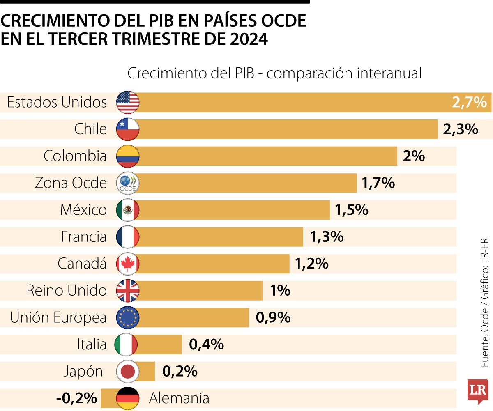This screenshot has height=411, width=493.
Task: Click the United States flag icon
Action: coord(128,102)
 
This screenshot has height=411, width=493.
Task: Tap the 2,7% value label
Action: coord(469,102)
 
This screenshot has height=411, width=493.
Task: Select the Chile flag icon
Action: coord(128,129)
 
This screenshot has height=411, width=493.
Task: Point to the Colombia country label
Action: coord(75,156)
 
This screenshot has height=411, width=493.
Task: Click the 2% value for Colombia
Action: coord(414,156)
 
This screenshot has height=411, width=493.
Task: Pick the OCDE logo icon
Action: coord(128,183)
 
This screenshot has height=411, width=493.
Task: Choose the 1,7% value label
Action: coord(378,183)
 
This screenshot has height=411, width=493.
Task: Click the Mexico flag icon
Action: coord(128,210)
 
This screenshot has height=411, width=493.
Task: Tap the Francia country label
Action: coord(84,237)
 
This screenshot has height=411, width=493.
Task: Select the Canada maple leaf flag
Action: coord(128,264)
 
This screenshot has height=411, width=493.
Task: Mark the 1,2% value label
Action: coord(311,264)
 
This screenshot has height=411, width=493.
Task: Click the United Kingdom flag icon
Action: coord(128,291)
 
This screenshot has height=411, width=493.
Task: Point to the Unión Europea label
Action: coord(58,317)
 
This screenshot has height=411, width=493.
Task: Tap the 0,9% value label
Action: coord(273,317)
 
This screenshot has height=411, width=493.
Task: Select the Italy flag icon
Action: coord(126,344)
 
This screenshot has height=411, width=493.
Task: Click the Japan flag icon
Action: coord(128,372)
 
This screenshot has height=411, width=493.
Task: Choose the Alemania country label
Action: coord(179,398)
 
